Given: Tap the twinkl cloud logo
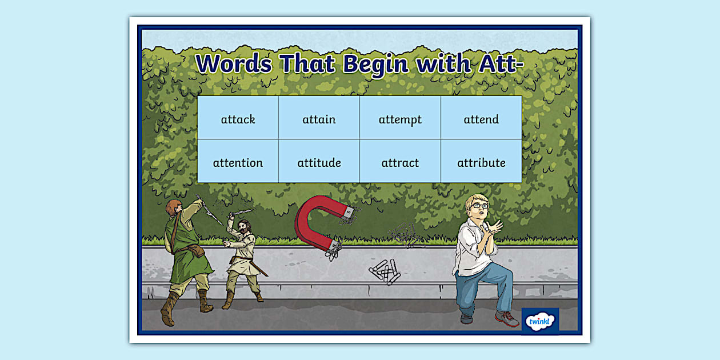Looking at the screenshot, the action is click(540, 321).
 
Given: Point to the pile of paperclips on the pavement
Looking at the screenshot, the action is click(385, 272).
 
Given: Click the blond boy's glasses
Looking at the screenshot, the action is click(480, 205).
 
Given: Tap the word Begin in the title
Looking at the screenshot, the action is click(375, 65).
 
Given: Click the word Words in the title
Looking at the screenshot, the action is click(234, 63).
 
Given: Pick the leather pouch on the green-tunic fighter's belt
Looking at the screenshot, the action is click(196, 250).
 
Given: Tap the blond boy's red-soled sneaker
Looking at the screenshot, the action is click(507, 319).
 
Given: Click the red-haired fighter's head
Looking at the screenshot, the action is click(174, 207).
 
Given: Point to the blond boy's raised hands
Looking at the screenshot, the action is click(493, 229).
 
